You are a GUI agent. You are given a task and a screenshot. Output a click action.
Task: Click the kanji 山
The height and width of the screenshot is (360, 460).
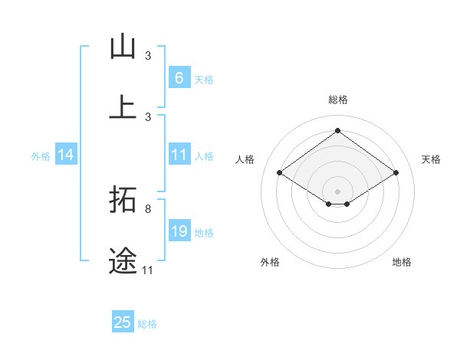(x=123, y=47)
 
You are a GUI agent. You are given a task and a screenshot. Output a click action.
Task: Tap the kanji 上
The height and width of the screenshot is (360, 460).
(x=123, y=106)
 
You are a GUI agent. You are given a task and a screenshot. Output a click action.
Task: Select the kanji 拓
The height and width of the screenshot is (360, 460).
(x=123, y=200)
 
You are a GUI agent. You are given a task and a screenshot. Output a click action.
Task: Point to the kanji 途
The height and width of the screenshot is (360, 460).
(x=123, y=260)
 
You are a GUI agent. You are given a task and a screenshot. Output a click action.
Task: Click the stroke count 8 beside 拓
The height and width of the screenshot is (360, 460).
(x=148, y=208)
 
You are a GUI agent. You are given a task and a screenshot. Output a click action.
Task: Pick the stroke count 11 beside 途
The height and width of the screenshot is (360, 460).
(x=148, y=270)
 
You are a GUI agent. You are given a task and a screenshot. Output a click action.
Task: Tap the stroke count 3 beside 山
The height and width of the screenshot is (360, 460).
(x=148, y=56)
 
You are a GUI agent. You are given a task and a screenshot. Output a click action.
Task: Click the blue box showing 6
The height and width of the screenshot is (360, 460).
(x=179, y=77)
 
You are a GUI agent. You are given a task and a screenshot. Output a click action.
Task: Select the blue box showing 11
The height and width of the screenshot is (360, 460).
(x=179, y=155)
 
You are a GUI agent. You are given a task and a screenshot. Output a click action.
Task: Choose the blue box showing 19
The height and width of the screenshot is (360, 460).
(x=179, y=231)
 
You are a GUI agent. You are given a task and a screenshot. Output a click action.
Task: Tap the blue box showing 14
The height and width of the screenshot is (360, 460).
(x=66, y=155)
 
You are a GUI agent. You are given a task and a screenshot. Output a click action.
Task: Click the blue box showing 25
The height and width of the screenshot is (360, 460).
(x=123, y=322)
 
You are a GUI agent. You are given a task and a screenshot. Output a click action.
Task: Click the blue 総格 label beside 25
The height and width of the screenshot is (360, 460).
(x=147, y=324)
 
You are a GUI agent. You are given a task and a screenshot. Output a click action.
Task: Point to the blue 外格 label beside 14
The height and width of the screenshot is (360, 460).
(x=41, y=156)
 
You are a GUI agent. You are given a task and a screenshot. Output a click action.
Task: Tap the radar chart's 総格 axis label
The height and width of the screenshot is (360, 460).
(x=337, y=100)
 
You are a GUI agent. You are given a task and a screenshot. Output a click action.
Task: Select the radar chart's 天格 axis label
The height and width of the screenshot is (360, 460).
(x=432, y=159)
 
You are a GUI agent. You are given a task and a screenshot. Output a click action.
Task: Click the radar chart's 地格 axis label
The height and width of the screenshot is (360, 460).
(x=402, y=262)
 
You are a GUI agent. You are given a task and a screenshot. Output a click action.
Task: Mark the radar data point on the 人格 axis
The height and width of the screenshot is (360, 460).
(x=280, y=173)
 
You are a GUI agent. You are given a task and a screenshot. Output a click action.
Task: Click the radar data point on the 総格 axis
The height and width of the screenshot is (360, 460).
(x=337, y=131)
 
